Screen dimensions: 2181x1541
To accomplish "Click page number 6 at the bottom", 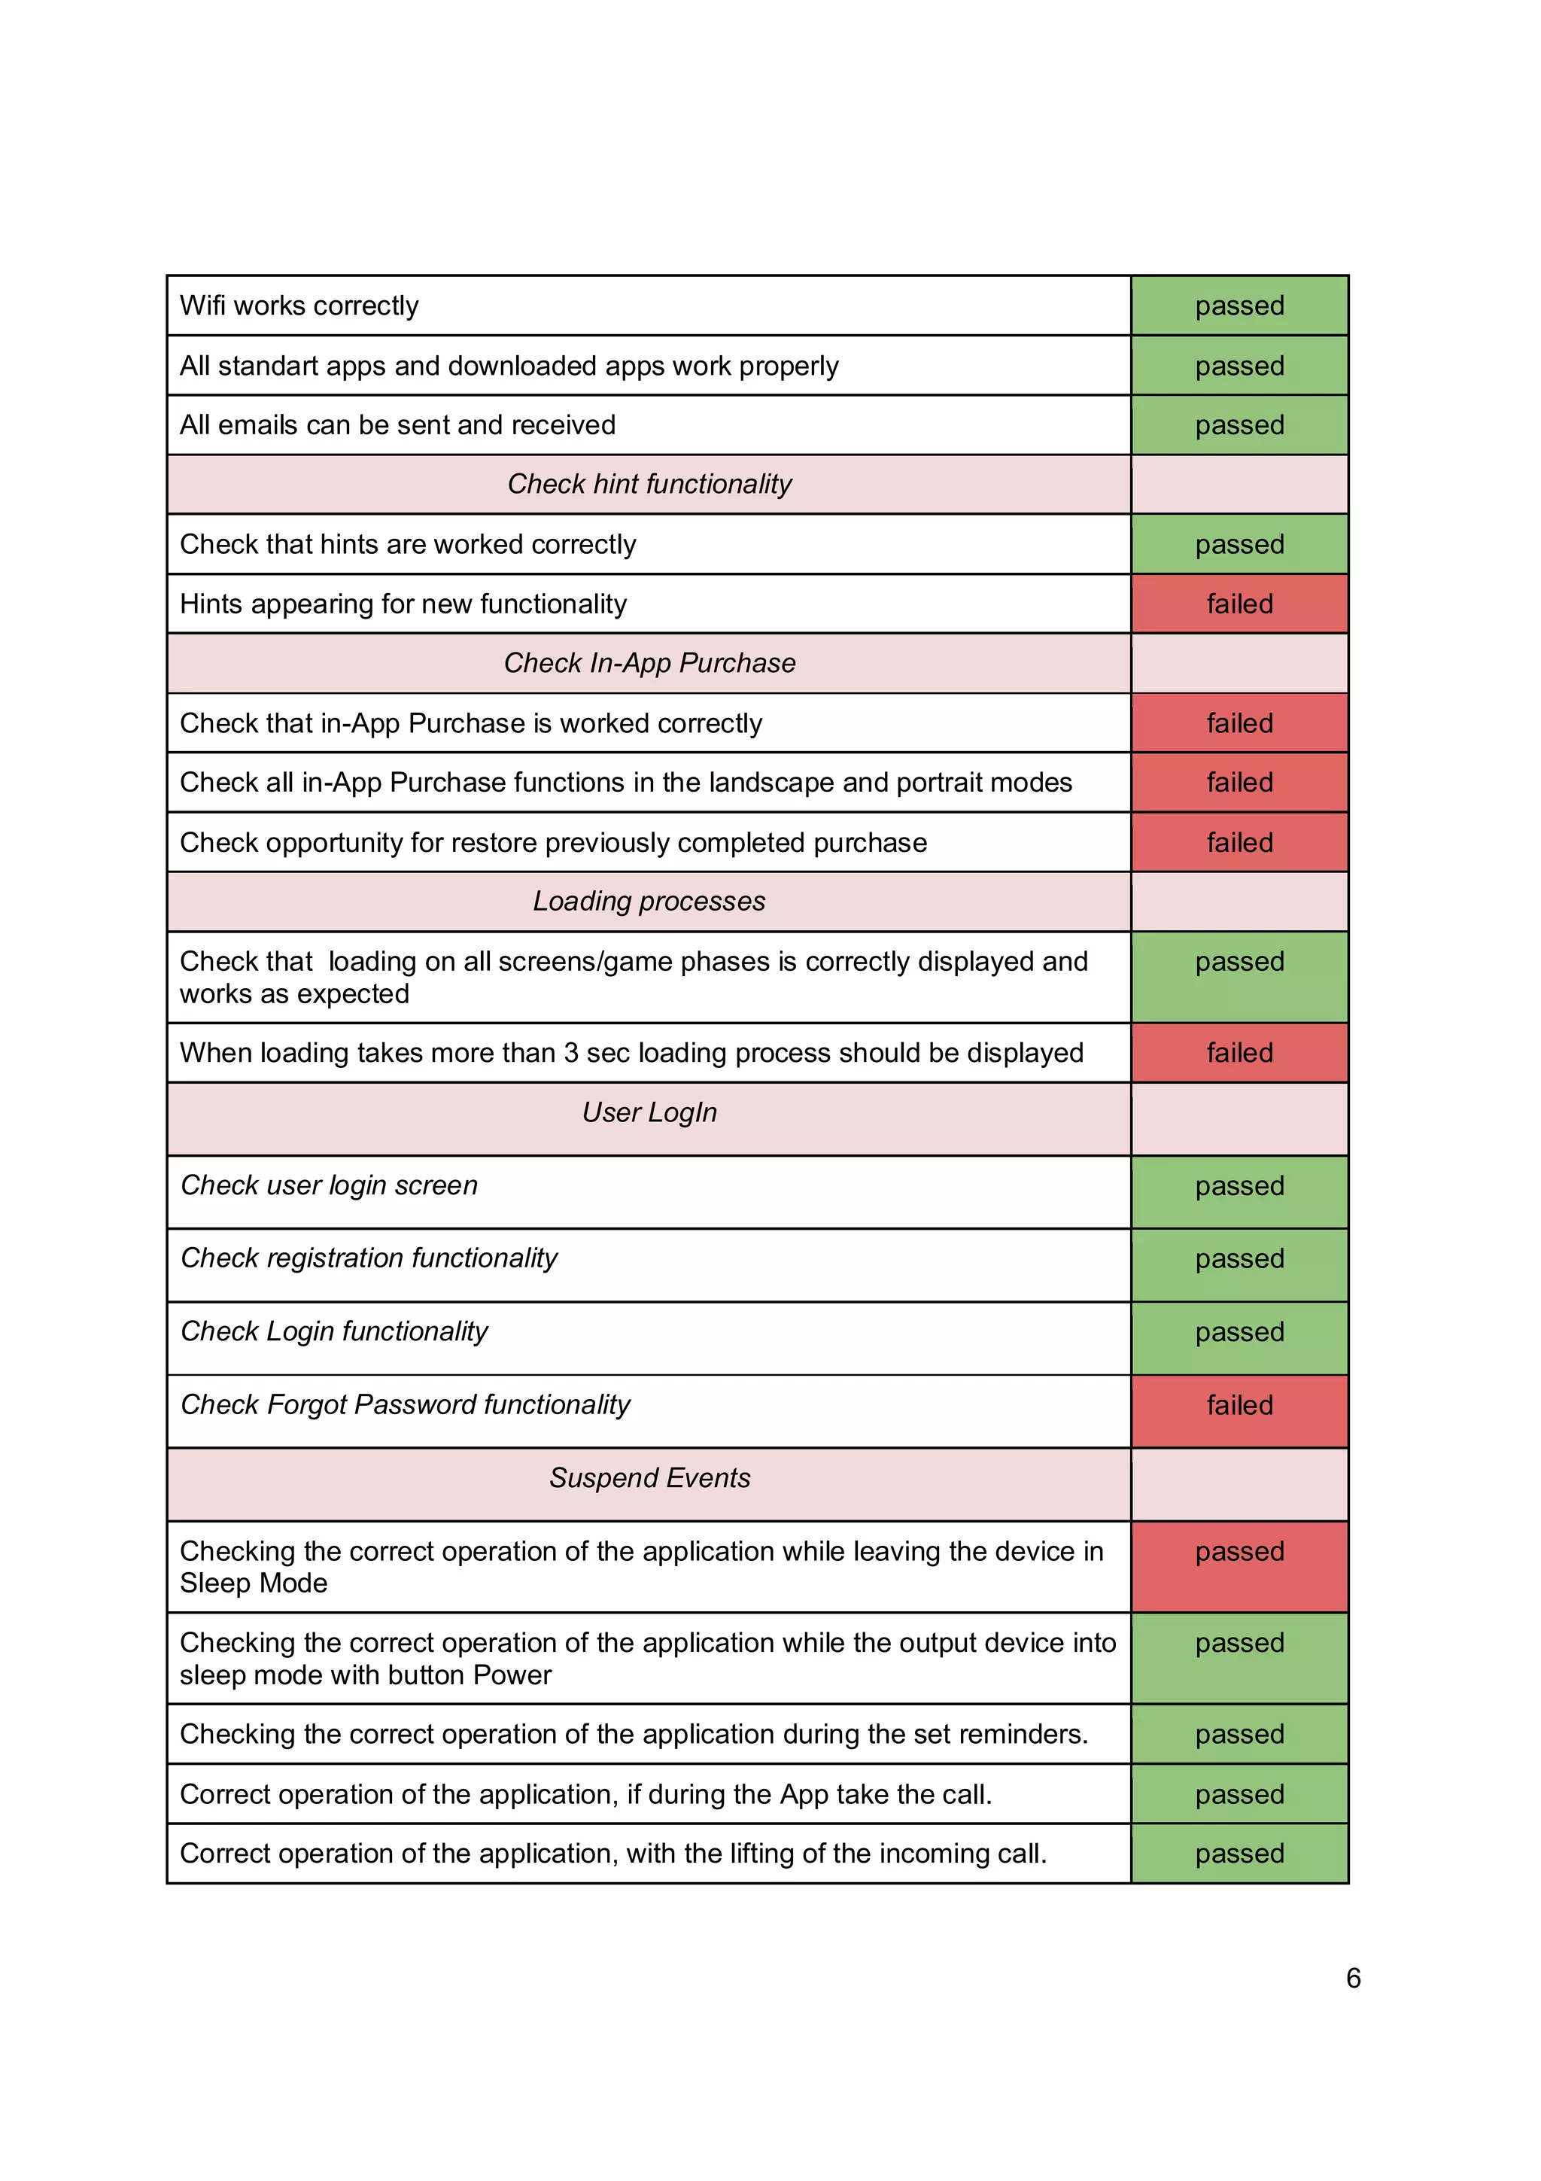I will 1353,1978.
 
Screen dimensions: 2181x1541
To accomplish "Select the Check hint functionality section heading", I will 649,485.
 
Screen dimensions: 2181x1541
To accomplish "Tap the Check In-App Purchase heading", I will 649,663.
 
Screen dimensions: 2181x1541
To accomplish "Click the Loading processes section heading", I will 649,901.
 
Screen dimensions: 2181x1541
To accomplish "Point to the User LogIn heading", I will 649,1112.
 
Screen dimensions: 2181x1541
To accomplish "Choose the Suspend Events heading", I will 649,1478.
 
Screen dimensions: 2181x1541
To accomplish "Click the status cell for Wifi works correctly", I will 1239,306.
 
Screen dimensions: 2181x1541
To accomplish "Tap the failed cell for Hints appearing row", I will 1239,604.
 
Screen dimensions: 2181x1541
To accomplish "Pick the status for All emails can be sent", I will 1239,425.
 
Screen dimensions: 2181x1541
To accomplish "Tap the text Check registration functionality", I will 369,1258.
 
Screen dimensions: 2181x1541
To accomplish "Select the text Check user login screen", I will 329,1185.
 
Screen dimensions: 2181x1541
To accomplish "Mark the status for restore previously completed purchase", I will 1239,843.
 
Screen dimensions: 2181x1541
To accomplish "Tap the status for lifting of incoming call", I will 1239,1854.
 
